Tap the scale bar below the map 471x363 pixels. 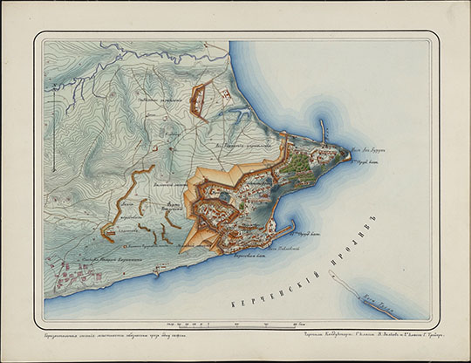click(235, 324)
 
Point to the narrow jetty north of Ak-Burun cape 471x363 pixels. click(324, 133)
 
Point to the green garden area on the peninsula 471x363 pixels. click(302, 162)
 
